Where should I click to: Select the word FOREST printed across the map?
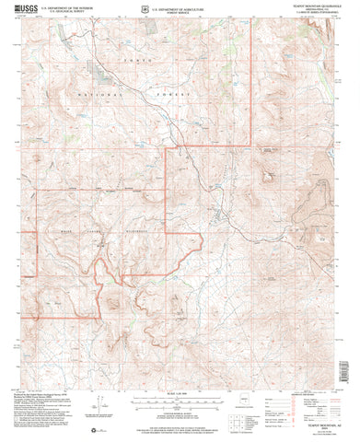click(175, 96)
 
